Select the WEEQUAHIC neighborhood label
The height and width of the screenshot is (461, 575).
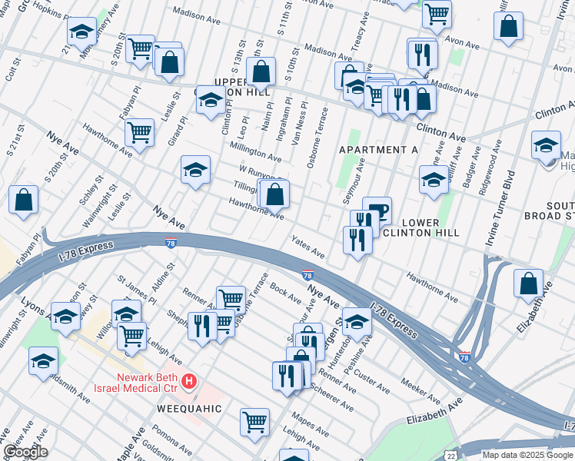[x=189, y=409]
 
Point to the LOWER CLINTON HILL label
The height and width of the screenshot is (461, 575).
[x=420, y=227]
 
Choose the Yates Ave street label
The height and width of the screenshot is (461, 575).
[x=307, y=247]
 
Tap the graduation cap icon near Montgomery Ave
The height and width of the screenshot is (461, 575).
[x=81, y=32]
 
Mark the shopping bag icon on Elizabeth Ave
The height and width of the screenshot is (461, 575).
[x=529, y=284]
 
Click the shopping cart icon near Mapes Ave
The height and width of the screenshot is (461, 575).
[x=254, y=420]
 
